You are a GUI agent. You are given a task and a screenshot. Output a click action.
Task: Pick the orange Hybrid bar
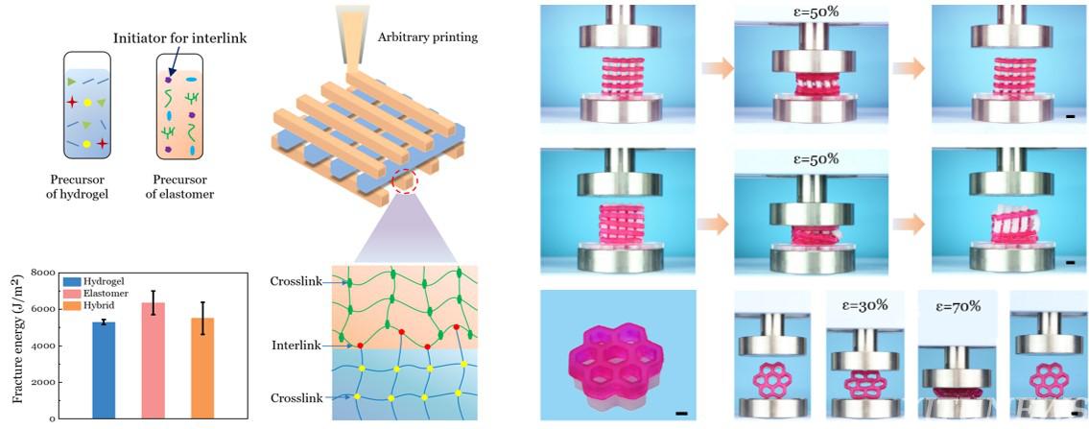click(202, 368)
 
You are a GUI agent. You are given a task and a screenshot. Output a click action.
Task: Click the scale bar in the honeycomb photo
click(680, 414)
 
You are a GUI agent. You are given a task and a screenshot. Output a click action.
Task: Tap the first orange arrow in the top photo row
click(716, 68)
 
